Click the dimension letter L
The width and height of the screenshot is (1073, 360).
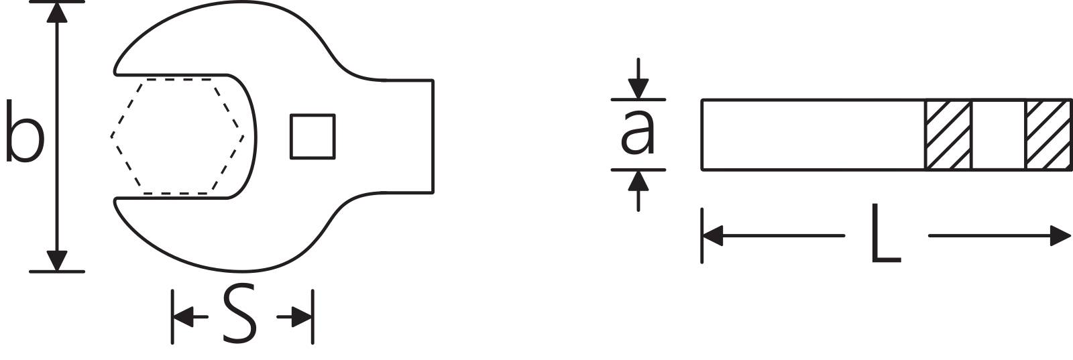[x=885, y=235]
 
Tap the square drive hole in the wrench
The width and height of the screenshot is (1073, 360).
[x=312, y=137]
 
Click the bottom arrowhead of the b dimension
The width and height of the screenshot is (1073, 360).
[x=58, y=261]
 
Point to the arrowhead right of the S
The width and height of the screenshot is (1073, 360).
[x=303, y=316]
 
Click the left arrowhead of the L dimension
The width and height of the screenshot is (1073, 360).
[x=712, y=236]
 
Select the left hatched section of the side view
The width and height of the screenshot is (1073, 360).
[x=948, y=135]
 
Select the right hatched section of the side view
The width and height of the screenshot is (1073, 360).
[x=1047, y=135]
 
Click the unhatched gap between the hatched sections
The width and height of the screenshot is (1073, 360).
[x=997, y=135]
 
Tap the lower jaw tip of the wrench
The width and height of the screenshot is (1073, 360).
[x=118, y=204]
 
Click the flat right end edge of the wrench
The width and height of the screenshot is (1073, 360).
[x=433, y=136]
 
